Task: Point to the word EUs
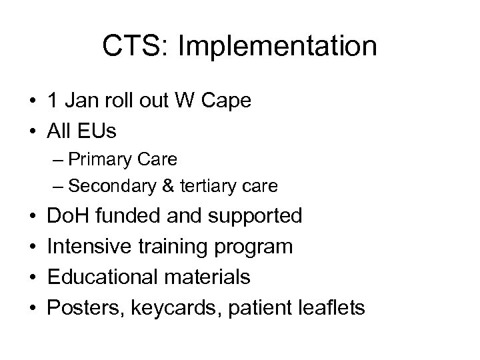99,131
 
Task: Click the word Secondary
114,185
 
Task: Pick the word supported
259,216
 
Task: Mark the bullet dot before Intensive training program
33,247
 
